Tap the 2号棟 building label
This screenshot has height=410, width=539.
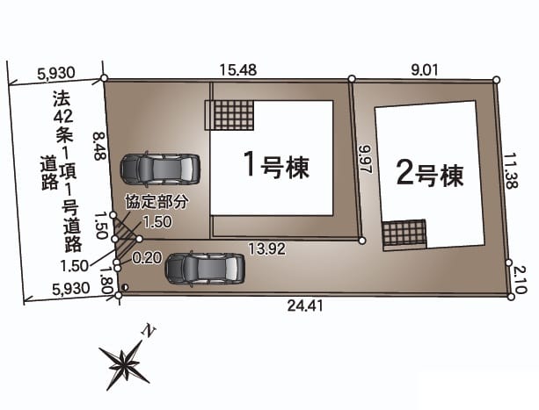point(429,175)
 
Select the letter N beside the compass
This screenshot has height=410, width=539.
point(150,330)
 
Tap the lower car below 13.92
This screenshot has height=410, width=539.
point(204,268)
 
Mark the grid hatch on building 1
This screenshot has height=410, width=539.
point(230,115)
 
